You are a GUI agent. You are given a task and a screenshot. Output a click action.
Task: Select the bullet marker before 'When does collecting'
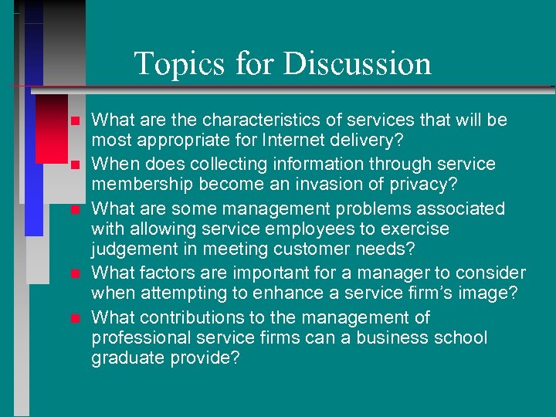[x=74, y=165]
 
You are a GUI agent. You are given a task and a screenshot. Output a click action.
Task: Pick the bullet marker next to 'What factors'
[x=74, y=274]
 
